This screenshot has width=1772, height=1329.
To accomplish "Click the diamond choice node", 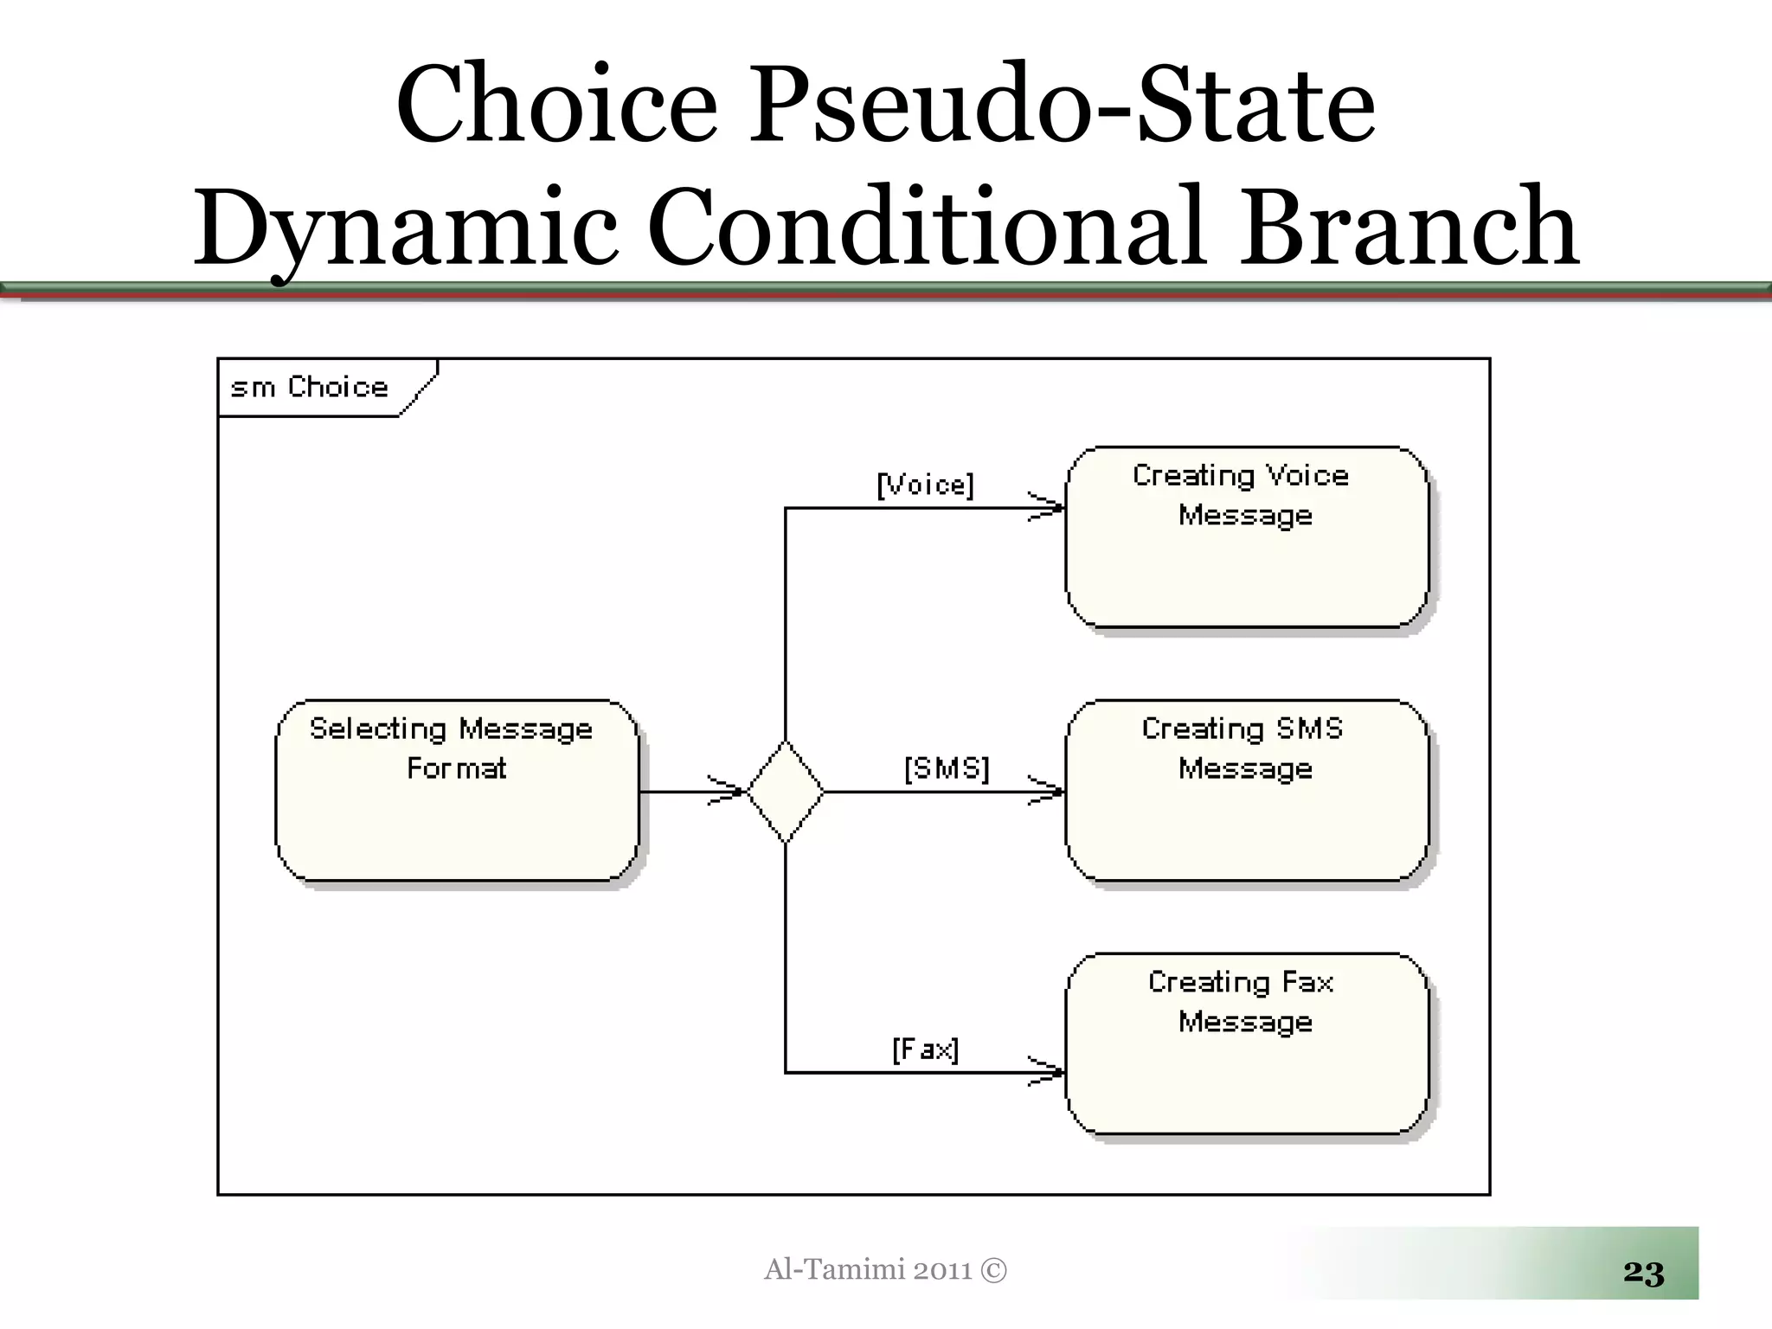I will tap(785, 791).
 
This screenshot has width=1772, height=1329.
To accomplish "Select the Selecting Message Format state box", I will tap(457, 791).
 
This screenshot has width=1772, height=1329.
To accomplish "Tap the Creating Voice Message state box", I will tap(1246, 536).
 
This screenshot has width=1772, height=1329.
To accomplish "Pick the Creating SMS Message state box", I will tap(1246, 791).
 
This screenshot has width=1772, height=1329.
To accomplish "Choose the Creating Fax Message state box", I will tap(1246, 1043).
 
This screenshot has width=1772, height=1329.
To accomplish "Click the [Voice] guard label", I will tap(925, 485).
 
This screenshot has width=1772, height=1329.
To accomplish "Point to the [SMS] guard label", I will tap(947, 767).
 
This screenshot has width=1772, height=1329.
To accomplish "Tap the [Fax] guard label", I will tap(925, 1050).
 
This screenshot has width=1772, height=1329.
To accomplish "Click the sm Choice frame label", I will tap(310, 387).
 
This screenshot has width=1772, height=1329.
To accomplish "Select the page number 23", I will tap(1643, 1272).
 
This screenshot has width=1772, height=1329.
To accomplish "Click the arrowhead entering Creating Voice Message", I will tap(1048, 508).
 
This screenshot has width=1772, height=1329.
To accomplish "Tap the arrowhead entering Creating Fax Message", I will tap(1048, 1072).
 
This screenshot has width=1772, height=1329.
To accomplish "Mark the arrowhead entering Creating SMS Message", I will tap(1048, 791).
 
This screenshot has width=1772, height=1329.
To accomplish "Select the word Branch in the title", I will tap(1409, 227).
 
